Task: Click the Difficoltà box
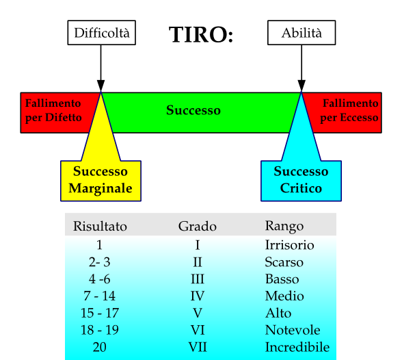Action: pyautogui.click(x=101, y=33)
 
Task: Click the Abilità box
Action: pyautogui.click(x=301, y=33)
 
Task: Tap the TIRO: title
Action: pyautogui.click(x=201, y=34)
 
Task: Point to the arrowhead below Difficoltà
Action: pyautogui.click(x=100, y=86)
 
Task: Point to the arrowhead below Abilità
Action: pyautogui.click(x=301, y=86)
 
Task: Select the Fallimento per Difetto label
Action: pyautogui.click(x=53, y=110)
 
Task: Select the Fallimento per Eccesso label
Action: pyautogui.click(x=349, y=110)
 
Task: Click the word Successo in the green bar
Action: pyautogui.click(x=193, y=110)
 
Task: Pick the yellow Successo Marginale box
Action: pyautogui.click(x=100, y=181)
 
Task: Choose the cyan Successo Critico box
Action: pyautogui.click(x=301, y=181)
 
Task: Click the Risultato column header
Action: pyautogui.click(x=100, y=227)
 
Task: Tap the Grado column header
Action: pyautogui.click(x=198, y=227)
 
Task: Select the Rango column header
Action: pyautogui.click(x=284, y=227)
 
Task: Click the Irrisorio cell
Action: pyautogui.click(x=289, y=245)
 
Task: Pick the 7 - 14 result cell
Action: pyautogui.click(x=100, y=296)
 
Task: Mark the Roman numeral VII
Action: pyautogui.click(x=198, y=347)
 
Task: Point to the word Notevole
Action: pyautogui.click(x=293, y=330)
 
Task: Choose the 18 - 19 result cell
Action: pyautogui.click(x=100, y=330)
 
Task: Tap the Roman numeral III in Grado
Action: pyautogui.click(x=198, y=279)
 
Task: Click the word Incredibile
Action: pyautogui.click(x=297, y=347)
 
